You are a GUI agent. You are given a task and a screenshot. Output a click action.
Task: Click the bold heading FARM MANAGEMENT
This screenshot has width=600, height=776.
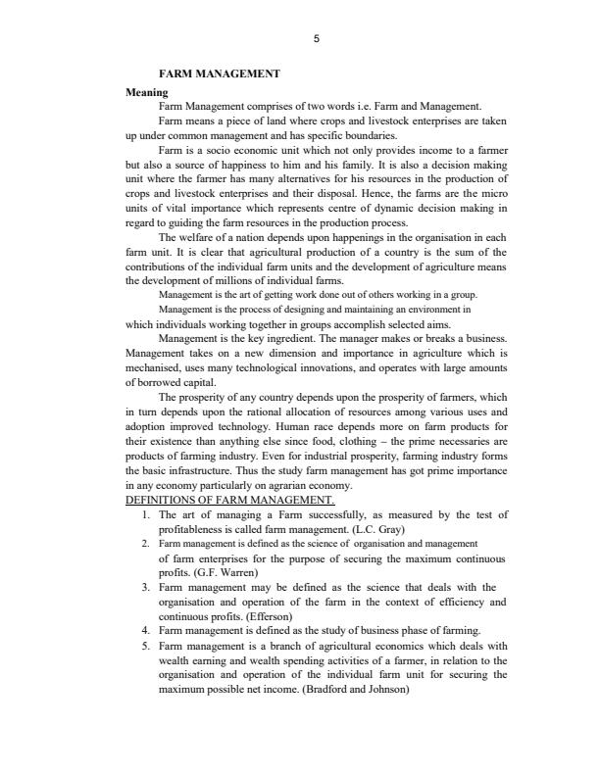pos(219,73)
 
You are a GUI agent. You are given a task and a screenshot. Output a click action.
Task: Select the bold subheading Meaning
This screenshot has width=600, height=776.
pos(147,92)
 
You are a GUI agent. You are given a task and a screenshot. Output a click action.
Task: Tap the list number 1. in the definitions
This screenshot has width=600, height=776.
pos(145,513)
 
